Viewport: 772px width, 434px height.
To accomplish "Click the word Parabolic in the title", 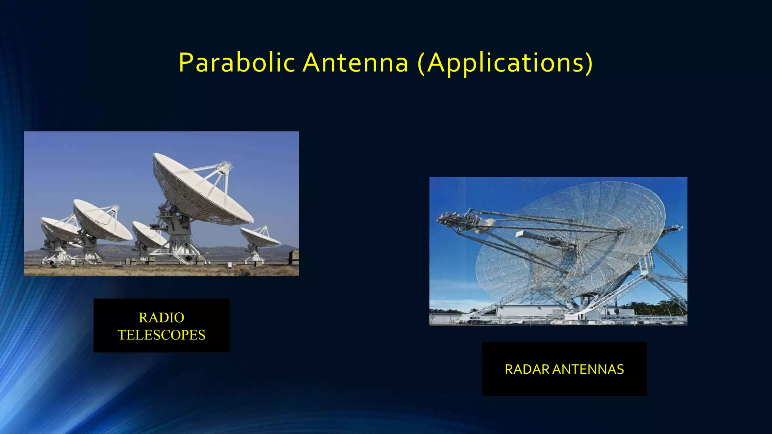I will pyautogui.click(x=236, y=63).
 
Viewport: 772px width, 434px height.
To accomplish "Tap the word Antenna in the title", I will pyautogui.click(x=355, y=63).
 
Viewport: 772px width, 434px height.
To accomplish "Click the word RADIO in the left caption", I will pyautogui.click(x=161, y=318).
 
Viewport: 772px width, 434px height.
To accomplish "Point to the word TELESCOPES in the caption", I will pyautogui.click(x=161, y=335).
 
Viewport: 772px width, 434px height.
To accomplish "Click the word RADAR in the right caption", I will pyautogui.click(x=527, y=369).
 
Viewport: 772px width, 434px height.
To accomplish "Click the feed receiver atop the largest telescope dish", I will pyautogui.click(x=225, y=166).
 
